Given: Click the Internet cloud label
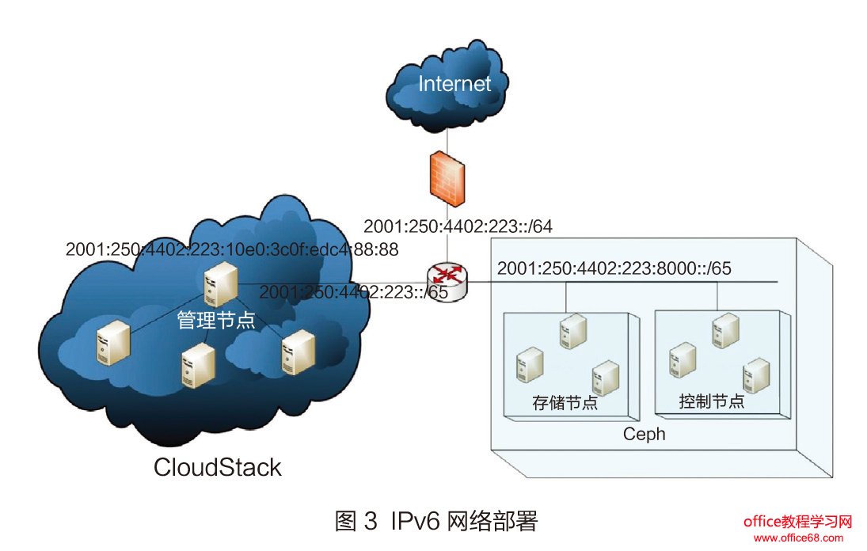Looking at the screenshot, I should coord(454,84).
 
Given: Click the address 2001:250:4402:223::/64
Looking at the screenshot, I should coord(457,226).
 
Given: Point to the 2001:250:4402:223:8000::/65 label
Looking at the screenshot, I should coord(614,268).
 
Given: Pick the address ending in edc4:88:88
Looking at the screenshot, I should coord(232,249).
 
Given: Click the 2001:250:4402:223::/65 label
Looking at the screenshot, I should coord(353,292).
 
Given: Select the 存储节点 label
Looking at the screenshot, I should coord(564,403).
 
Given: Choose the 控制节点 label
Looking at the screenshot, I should coord(712,401).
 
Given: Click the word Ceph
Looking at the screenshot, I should coord(645,434).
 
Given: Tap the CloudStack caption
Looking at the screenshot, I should coord(217,467).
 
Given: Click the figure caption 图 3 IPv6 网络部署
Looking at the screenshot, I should coord(436,521).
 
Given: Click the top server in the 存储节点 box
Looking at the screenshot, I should coord(571,331).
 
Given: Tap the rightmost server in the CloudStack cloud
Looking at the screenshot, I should coord(297,351).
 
